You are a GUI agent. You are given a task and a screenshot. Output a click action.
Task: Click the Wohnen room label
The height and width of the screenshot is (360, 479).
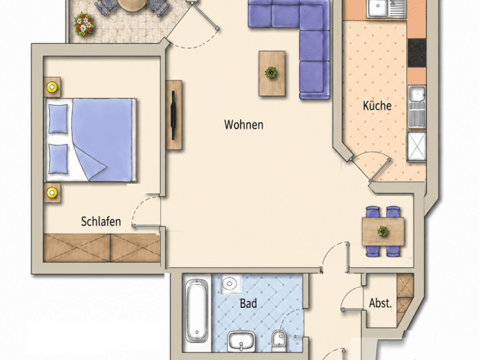point(244,125)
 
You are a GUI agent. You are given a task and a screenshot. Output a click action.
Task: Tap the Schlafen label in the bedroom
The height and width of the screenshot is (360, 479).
point(101,221)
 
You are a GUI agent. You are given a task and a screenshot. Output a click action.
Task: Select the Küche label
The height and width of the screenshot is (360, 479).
point(377,106)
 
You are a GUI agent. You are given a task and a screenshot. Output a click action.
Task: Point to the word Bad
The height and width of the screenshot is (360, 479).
point(248,303)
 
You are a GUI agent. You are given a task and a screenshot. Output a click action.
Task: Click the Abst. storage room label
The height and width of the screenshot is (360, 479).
point(380,303)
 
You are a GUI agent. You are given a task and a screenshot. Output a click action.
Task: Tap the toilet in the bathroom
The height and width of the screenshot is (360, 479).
point(279,340)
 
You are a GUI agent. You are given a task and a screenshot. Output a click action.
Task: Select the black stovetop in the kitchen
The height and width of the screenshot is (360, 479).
point(417,53)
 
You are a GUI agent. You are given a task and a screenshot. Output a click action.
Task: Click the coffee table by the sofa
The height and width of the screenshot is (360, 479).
point(272,74)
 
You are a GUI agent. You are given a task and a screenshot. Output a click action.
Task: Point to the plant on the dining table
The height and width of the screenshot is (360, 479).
point(383,231)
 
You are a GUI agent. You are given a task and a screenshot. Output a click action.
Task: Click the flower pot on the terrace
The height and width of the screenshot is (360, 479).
point(84,25)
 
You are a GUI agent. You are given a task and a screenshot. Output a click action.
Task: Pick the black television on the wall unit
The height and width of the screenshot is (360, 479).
point(173,115)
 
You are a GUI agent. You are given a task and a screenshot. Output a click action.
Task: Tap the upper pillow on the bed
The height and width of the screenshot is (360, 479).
point(58,119)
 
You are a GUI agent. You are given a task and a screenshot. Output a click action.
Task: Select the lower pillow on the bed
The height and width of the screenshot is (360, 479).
point(58,159)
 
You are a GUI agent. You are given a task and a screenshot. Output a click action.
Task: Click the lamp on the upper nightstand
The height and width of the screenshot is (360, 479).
point(52,87)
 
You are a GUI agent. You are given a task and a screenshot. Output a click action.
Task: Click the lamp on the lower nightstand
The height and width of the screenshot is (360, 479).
point(52,193)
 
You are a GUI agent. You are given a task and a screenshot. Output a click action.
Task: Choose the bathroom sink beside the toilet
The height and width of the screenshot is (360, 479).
point(241,341)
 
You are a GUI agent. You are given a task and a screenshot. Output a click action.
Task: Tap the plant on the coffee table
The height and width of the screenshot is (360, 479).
point(271,73)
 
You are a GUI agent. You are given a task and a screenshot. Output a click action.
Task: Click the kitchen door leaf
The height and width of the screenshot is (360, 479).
point(380,171)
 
